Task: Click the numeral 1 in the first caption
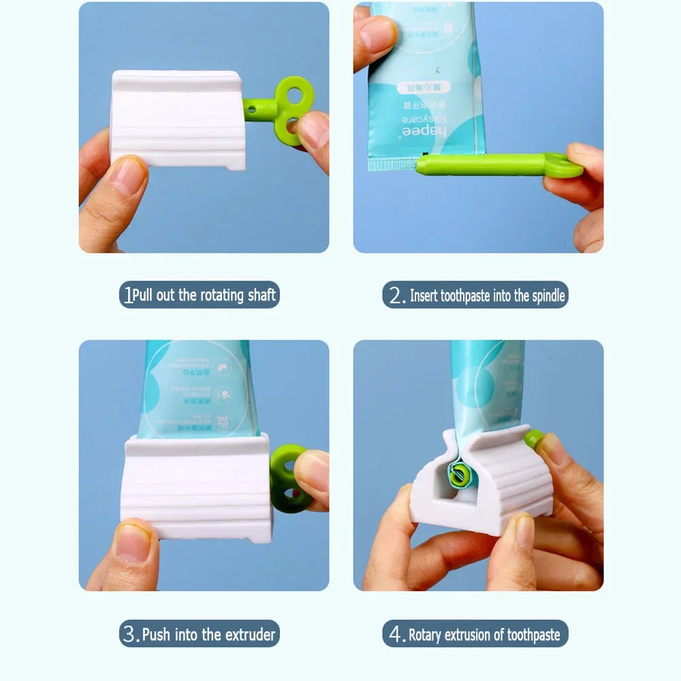127,295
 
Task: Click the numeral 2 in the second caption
395,296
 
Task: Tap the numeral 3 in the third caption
129,635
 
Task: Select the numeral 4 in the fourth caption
396,635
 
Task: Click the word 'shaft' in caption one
262,295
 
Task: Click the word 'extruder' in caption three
250,635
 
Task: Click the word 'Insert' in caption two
424,296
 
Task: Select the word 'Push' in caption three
156,635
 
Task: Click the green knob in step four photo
535,439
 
